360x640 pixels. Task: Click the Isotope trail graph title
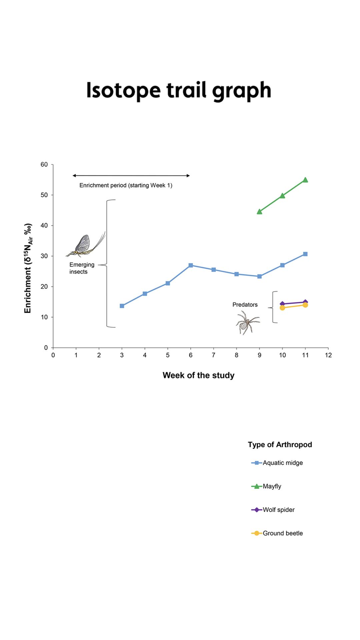179,90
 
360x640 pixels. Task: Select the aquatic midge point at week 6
191,265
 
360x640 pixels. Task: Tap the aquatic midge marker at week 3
122,306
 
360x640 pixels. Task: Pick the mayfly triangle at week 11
305,180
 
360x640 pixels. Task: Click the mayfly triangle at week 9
259,212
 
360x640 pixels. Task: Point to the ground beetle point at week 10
282,308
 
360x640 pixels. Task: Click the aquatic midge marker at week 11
305,254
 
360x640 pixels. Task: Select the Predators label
245,305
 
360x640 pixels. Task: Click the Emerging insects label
82,268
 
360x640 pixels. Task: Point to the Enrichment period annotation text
126,185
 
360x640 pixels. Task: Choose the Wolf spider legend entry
278,510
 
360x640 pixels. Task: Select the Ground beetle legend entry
282,533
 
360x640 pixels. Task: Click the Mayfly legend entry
272,486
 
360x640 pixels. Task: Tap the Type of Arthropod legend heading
280,445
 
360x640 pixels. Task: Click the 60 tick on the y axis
44,164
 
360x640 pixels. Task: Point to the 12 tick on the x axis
328,355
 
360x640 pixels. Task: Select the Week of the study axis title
198,375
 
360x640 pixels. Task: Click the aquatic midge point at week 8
237,274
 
